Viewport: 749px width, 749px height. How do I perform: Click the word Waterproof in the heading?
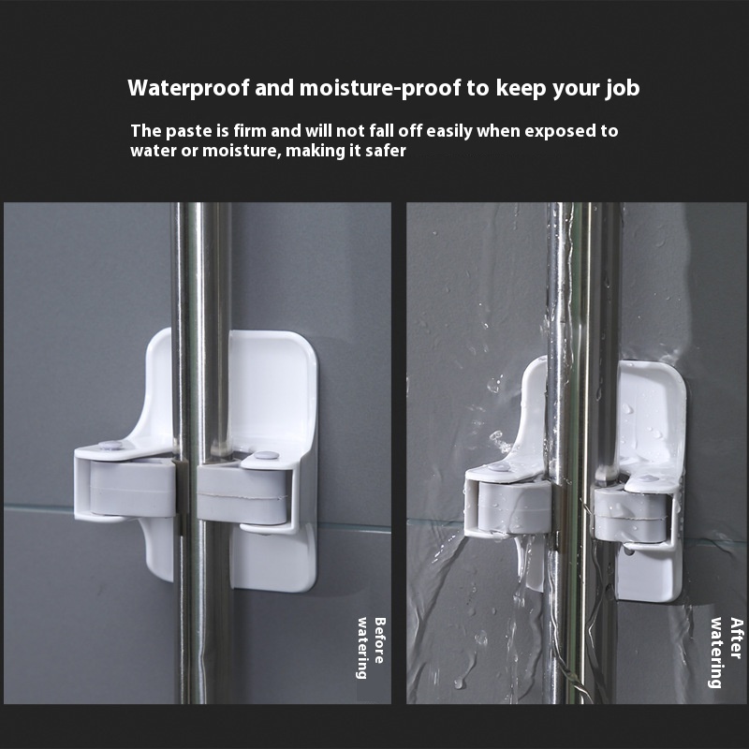pos(188,88)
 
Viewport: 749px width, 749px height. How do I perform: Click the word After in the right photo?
pos(737,638)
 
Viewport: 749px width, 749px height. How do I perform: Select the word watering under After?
pos(715,653)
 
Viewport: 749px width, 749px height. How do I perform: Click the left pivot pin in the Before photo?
pos(110,446)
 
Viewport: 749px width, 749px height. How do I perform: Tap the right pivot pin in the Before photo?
pos(266,455)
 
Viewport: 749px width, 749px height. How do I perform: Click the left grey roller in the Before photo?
pos(132,488)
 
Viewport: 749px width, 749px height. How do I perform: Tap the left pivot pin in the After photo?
pos(499,467)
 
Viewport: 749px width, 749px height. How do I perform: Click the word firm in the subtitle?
pos(248,131)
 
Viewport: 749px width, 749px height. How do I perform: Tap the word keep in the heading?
pos(521,89)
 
